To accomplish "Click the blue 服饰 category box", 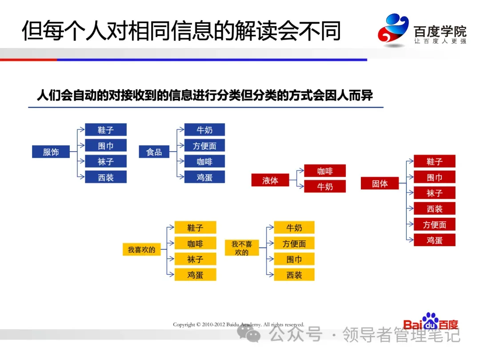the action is (51, 152).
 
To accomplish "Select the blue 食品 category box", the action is (154, 152).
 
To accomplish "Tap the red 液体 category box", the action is (270, 180).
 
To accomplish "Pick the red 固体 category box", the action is (380, 184).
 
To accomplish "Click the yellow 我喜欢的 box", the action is (141, 250).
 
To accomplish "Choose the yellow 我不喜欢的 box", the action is (242, 248).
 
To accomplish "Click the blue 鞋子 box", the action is (106, 130).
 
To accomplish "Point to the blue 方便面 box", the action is (204, 146).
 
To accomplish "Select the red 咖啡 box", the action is (325, 171).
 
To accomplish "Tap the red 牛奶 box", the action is (325, 187).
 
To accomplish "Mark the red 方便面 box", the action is (435, 225).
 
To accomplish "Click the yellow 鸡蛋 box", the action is (195, 275).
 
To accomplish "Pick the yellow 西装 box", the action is (294, 275).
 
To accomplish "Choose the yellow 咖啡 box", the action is (195, 244).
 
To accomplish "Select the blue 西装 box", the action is (106, 177).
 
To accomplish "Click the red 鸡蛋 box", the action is (435, 240).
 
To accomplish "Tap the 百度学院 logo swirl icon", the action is (393, 30).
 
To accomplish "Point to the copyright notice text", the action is (239, 325).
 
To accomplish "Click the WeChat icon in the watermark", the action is (249, 333).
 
